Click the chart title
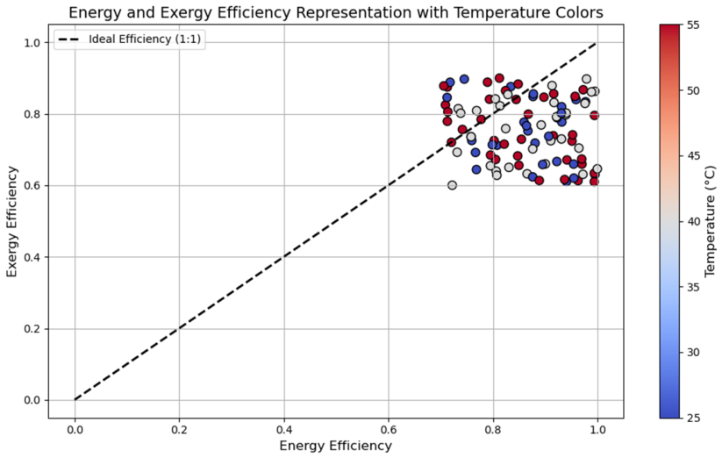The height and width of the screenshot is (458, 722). (336, 12)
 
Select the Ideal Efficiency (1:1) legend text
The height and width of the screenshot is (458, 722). (145, 39)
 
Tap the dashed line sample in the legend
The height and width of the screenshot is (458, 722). (69, 39)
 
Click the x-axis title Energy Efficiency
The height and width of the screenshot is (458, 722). (336, 446)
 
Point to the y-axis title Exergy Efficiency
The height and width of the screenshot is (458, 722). (12, 221)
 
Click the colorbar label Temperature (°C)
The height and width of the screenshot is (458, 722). (711, 221)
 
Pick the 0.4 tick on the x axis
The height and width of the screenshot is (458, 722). (284, 430)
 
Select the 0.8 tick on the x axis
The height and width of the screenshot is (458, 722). (493, 430)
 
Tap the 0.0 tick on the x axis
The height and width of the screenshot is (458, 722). (75, 430)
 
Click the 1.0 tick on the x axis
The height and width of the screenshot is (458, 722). (597, 430)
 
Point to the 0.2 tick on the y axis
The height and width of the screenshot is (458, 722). (33, 329)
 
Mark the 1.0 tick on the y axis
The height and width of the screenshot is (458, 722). (33, 43)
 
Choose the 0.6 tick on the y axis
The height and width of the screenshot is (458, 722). (33, 186)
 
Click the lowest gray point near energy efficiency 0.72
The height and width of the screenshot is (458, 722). (452, 185)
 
